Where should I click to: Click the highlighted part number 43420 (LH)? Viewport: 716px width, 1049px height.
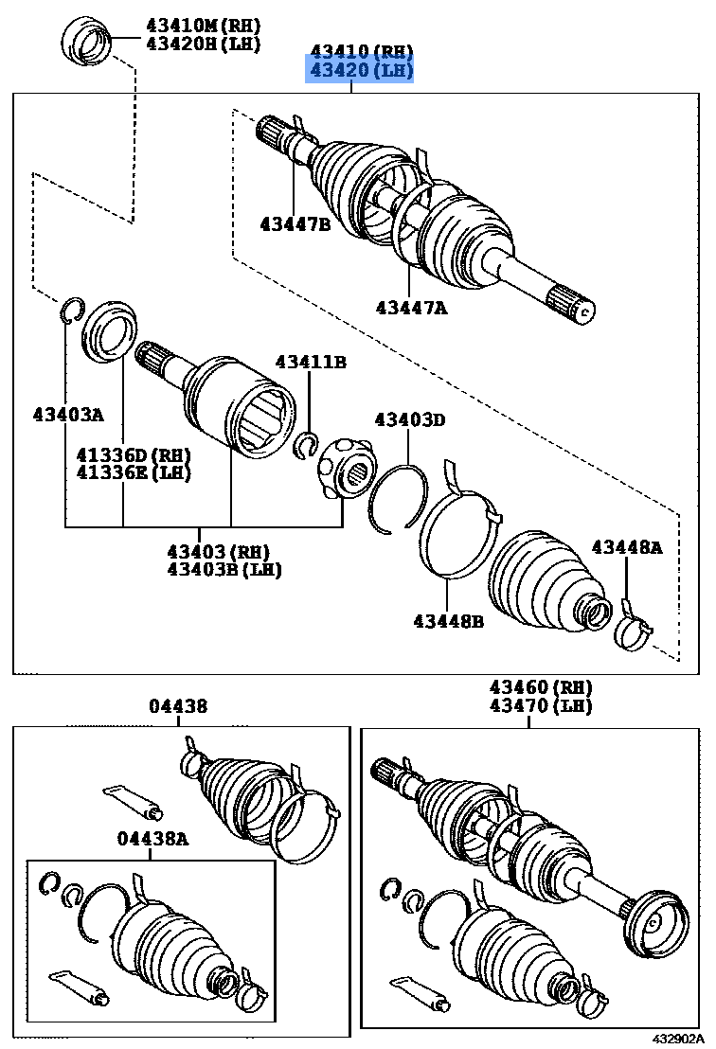[x=358, y=71]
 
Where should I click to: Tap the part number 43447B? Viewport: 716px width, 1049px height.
[x=295, y=223]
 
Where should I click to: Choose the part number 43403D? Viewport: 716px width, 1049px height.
[x=409, y=419]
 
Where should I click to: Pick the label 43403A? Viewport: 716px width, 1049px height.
[x=67, y=414]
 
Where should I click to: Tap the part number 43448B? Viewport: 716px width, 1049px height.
[x=448, y=621]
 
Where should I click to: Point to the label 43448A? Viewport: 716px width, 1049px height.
[x=627, y=546]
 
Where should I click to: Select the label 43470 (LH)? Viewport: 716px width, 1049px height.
[x=540, y=705]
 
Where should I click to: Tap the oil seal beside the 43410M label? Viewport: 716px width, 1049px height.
[x=86, y=43]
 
